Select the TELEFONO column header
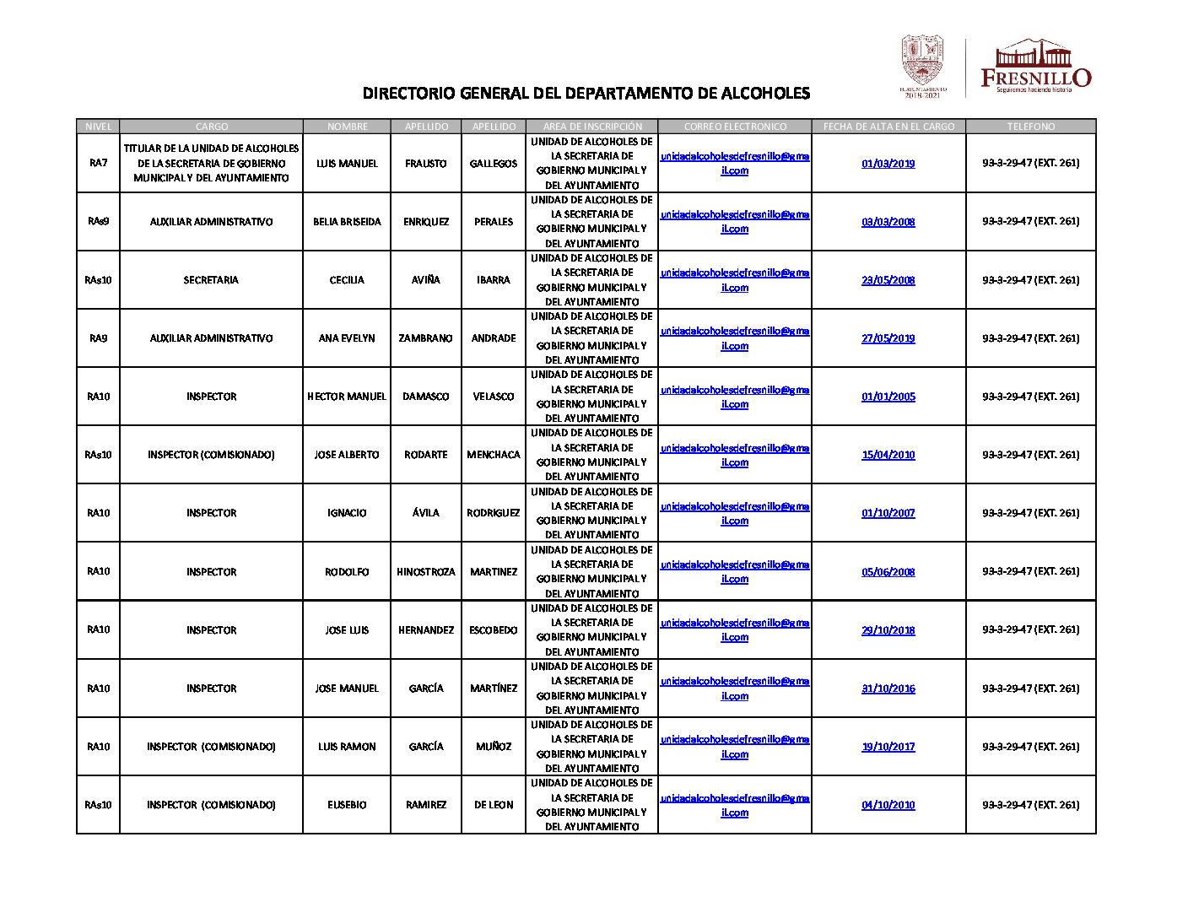click(1030, 127)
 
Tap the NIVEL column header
click(98, 127)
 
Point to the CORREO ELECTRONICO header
click(734, 127)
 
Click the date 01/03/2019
click(888, 164)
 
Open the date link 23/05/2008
click(888, 280)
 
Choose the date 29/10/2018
click(888, 630)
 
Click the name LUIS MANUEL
click(347, 164)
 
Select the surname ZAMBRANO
click(425, 338)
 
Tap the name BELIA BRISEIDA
click(347, 222)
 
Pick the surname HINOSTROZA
click(425, 572)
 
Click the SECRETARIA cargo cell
click(211, 280)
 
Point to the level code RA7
click(98, 163)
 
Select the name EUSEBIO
click(347, 805)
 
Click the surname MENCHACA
click(494, 455)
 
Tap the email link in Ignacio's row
click(734, 513)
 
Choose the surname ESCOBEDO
click(494, 630)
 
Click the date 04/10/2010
click(888, 805)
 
